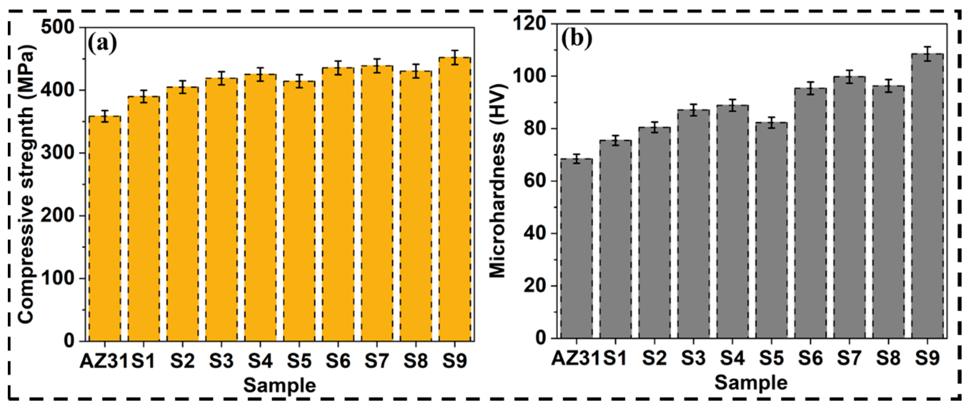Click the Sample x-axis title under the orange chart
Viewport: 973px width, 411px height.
tap(279, 385)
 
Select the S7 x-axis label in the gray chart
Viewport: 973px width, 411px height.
tap(849, 357)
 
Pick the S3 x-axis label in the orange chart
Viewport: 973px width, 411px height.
tap(221, 360)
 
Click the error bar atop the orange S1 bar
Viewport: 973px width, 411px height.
tap(143, 96)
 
